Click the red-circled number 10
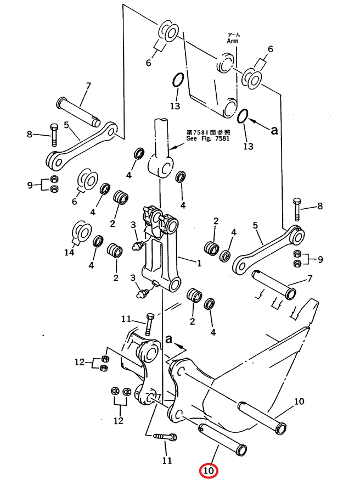208,471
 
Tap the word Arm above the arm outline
233,41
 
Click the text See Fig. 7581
208,138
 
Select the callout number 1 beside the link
199,263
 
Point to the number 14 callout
69,252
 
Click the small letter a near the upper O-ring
274,130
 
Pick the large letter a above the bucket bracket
168,339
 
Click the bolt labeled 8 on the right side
297,209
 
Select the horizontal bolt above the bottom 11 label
165,436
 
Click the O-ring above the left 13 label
178,80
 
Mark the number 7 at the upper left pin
88,86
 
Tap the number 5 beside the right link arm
255,225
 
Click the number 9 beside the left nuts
30,185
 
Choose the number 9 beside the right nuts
320,259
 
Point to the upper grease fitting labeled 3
138,245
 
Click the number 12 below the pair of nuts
119,421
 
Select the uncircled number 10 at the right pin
299,401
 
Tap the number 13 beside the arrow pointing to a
248,146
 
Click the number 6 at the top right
271,49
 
